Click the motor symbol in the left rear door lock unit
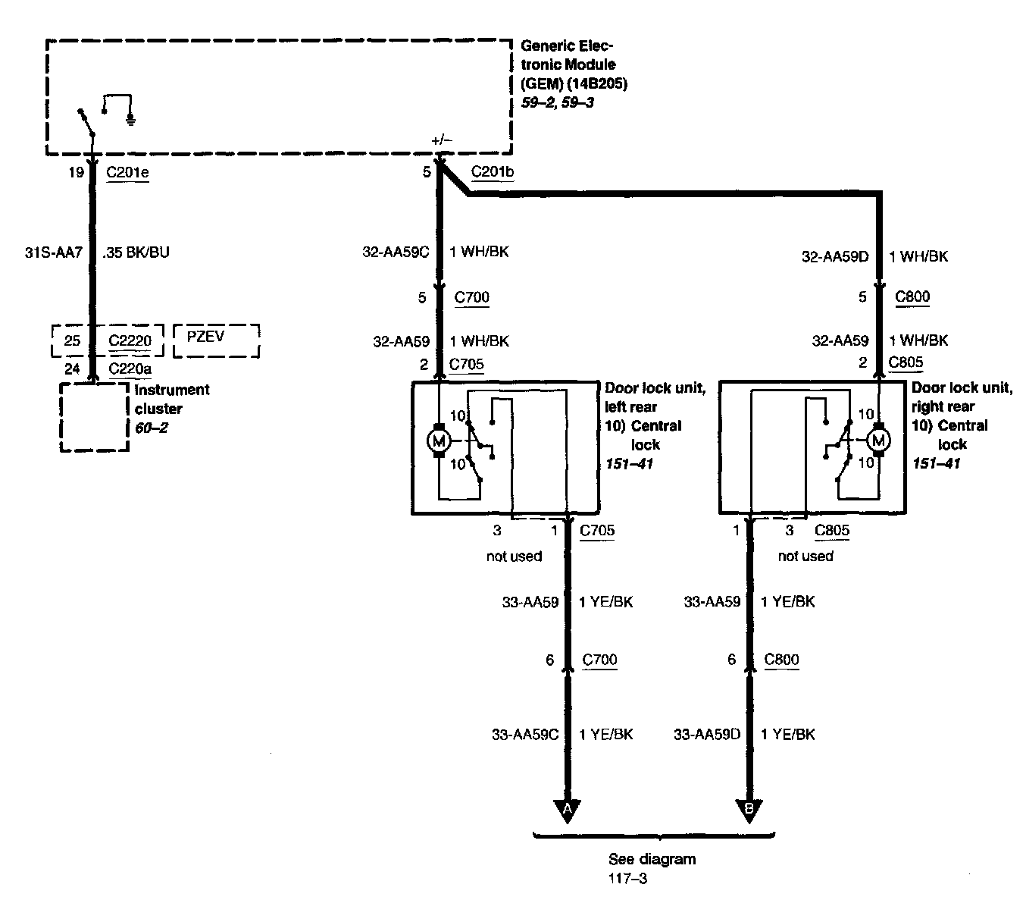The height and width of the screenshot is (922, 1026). (x=439, y=440)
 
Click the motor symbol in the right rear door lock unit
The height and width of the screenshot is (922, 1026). (x=880, y=440)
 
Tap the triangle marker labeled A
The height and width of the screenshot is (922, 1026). (x=567, y=810)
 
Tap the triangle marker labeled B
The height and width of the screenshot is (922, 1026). (x=749, y=810)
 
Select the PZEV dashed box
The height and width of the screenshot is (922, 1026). (x=216, y=340)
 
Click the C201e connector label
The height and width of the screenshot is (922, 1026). (x=127, y=172)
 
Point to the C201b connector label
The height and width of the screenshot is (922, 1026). (x=493, y=172)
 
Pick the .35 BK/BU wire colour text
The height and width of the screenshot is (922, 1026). (x=136, y=252)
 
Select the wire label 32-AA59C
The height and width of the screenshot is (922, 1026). (x=396, y=252)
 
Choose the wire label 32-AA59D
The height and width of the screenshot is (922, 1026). (x=835, y=257)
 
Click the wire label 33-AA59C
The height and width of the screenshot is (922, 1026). (x=525, y=734)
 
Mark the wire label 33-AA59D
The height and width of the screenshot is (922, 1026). (x=707, y=734)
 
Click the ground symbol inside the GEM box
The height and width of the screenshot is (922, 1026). (x=131, y=118)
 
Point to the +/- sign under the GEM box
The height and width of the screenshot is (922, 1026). (x=441, y=140)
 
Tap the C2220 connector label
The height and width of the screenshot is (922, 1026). (x=130, y=340)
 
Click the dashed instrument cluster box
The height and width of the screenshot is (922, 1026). (x=95, y=417)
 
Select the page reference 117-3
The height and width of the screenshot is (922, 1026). (x=628, y=880)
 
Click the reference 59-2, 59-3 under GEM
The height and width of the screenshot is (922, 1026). (x=557, y=102)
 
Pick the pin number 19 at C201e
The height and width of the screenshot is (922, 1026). (x=76, y=172)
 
